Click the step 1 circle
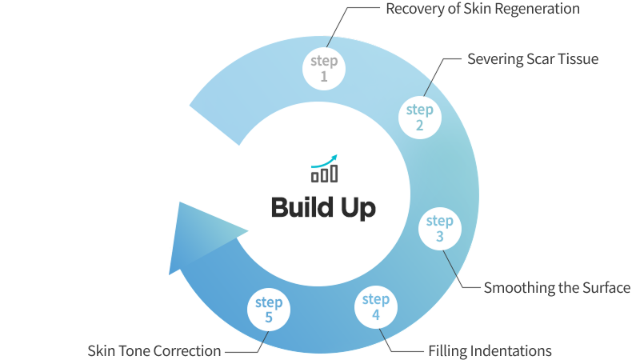pos(324,68)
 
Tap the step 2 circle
pos(419,116)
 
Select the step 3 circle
pos(440,228)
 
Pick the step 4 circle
pos(375,306)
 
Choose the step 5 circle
pos(269,310)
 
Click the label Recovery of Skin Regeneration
pos(482,10)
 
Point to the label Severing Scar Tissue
pos(532,59)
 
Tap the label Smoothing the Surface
pos(557,287)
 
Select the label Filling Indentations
pos(490,350)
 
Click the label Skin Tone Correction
pos(154,350)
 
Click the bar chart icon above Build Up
pos(324,173)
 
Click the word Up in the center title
pos(358,208)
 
